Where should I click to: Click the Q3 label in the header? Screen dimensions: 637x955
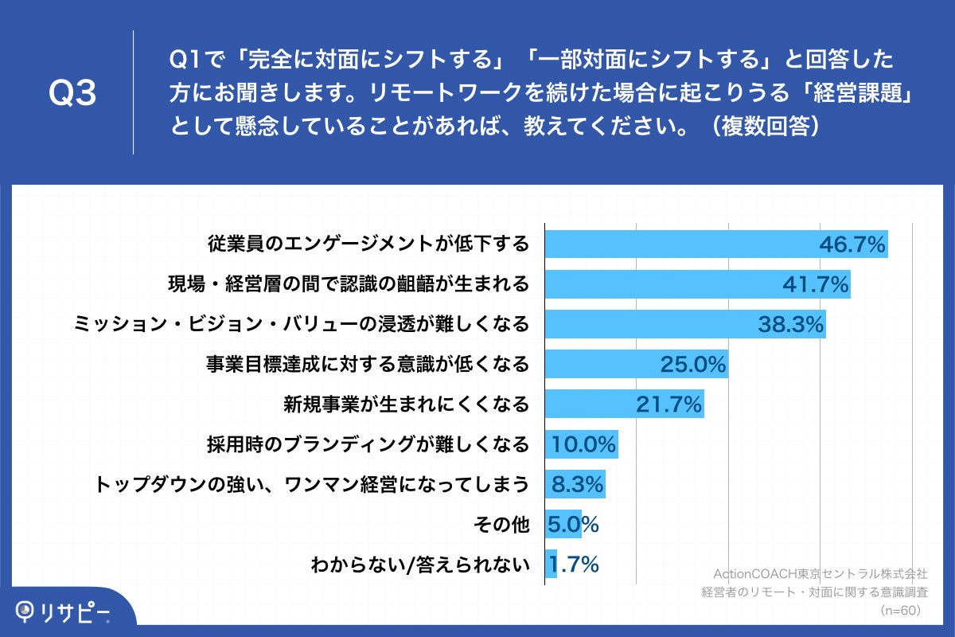click(72, 94)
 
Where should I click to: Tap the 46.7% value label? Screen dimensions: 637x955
click(852, 244)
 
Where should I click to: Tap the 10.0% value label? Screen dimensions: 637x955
click(584, 445)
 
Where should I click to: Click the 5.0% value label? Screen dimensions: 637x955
click(572, 525)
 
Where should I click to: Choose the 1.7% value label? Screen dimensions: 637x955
click(572, 565)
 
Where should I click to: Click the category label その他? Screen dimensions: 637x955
click(501, 525)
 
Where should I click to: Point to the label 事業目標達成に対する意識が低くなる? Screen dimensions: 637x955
click(367, 365)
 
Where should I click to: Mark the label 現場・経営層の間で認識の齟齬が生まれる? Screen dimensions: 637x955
click(348, 284)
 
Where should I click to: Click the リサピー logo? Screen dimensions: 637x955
click(64, 612)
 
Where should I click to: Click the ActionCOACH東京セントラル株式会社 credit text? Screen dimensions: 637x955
click(820, 573)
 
